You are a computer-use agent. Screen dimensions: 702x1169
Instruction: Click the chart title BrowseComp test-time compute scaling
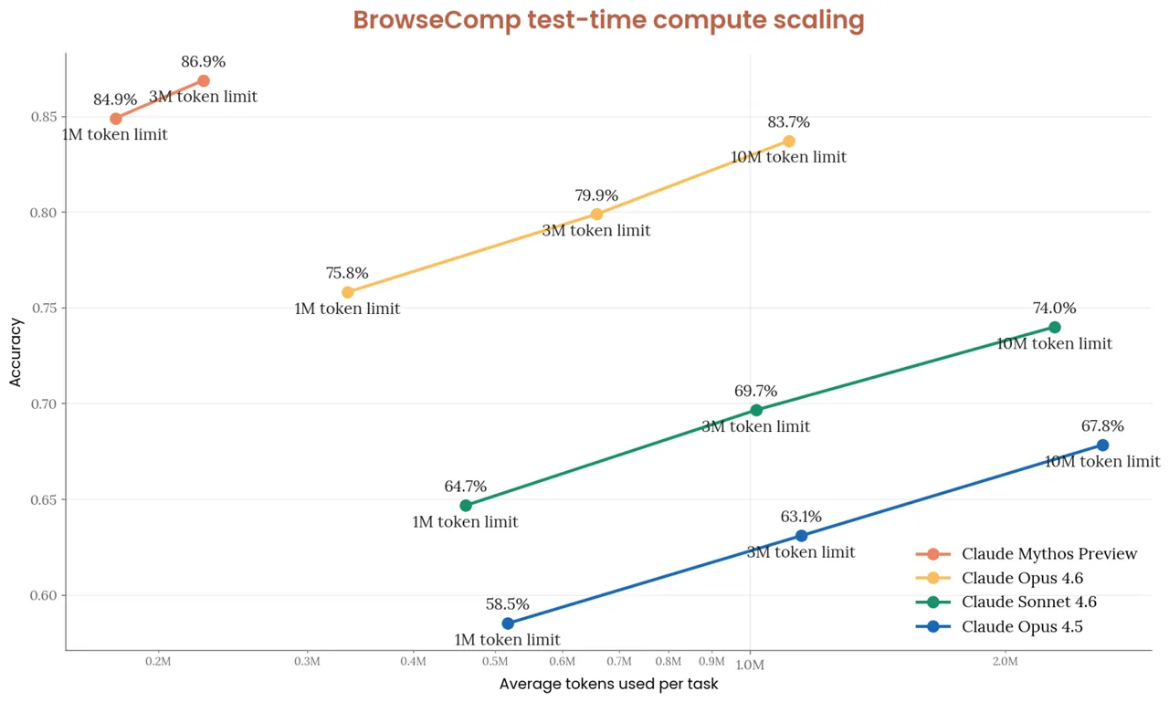[x=608, y=20]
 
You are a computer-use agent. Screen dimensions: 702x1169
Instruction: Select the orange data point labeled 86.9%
[x=204, y=81]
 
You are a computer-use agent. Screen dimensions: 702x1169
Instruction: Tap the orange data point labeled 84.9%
[x=116, y=119]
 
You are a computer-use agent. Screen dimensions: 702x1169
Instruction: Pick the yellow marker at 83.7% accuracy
[x=789, y=141]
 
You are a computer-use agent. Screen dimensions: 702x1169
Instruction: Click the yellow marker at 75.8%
[x=347, y=292]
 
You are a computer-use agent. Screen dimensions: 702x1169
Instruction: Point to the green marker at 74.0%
[x=1055, y=327]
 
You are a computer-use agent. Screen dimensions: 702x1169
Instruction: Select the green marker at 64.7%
[x=466, y=506]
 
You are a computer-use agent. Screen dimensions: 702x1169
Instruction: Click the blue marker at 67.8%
[x=1102, y=445]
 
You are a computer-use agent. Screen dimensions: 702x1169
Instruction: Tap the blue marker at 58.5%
[x=508, y=623]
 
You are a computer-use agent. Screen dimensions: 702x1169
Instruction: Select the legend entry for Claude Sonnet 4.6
[x=1028, y=602]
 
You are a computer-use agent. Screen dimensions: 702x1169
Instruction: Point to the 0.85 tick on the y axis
[x=43, y=117]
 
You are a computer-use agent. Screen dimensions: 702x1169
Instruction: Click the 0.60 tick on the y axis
[x=43, y=595]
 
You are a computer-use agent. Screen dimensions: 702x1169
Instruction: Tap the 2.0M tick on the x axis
[x=1005, y=662]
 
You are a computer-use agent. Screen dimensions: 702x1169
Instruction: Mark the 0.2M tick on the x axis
[x=159, y=662]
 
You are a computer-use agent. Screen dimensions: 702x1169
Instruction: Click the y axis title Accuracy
[x=16, y=352]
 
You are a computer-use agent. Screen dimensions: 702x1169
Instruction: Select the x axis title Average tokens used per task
[x=608, y=685]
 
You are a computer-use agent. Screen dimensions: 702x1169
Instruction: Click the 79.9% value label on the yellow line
[x=596, y=195]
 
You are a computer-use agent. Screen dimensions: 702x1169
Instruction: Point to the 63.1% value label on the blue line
[x=801, y=517]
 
